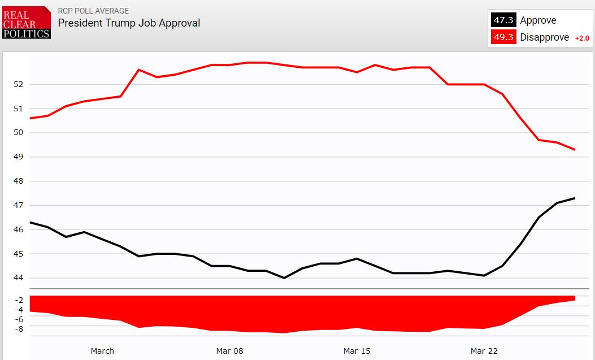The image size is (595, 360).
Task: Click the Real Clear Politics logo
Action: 27,23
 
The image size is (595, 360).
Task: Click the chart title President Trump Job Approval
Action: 129,23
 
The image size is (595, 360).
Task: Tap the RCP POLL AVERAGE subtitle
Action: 93,11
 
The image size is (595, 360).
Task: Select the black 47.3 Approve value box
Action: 503,20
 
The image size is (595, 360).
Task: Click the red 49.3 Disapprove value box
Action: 503,37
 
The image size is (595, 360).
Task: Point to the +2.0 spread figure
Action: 581,38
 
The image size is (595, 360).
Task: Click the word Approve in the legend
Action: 538,20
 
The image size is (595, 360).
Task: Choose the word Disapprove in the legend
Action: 544,37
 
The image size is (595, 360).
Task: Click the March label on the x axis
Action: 102,351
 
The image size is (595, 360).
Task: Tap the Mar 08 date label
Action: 229,351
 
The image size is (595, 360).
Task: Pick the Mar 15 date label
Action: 357,351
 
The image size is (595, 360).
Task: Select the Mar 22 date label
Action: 484,351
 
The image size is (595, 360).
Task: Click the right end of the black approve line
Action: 575,198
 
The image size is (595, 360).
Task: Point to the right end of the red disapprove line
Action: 575,150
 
